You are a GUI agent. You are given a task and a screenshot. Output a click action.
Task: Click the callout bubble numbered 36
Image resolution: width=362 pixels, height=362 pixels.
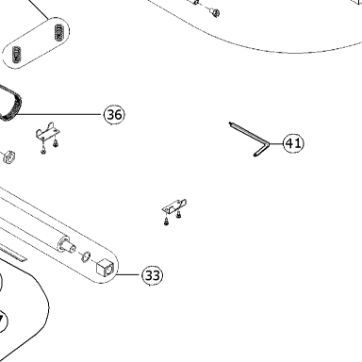pos(114,115)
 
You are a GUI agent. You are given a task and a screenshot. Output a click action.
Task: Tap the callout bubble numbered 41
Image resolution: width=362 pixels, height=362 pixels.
pos(294,143)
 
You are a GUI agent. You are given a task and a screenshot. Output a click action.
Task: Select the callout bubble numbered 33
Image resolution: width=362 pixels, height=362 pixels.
pos(153,275)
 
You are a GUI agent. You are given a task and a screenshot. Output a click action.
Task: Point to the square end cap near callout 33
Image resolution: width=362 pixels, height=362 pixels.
pos(104,268)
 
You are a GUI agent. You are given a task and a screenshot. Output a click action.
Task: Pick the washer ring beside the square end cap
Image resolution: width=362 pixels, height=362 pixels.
pos(86,256)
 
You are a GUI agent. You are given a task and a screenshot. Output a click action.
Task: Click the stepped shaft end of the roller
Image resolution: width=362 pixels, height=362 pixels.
pos(66,244)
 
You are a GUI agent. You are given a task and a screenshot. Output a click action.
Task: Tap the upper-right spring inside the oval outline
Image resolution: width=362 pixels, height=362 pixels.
pos(59,32)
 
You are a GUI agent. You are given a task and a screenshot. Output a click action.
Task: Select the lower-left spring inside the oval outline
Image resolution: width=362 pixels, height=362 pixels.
pos(16,55)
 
